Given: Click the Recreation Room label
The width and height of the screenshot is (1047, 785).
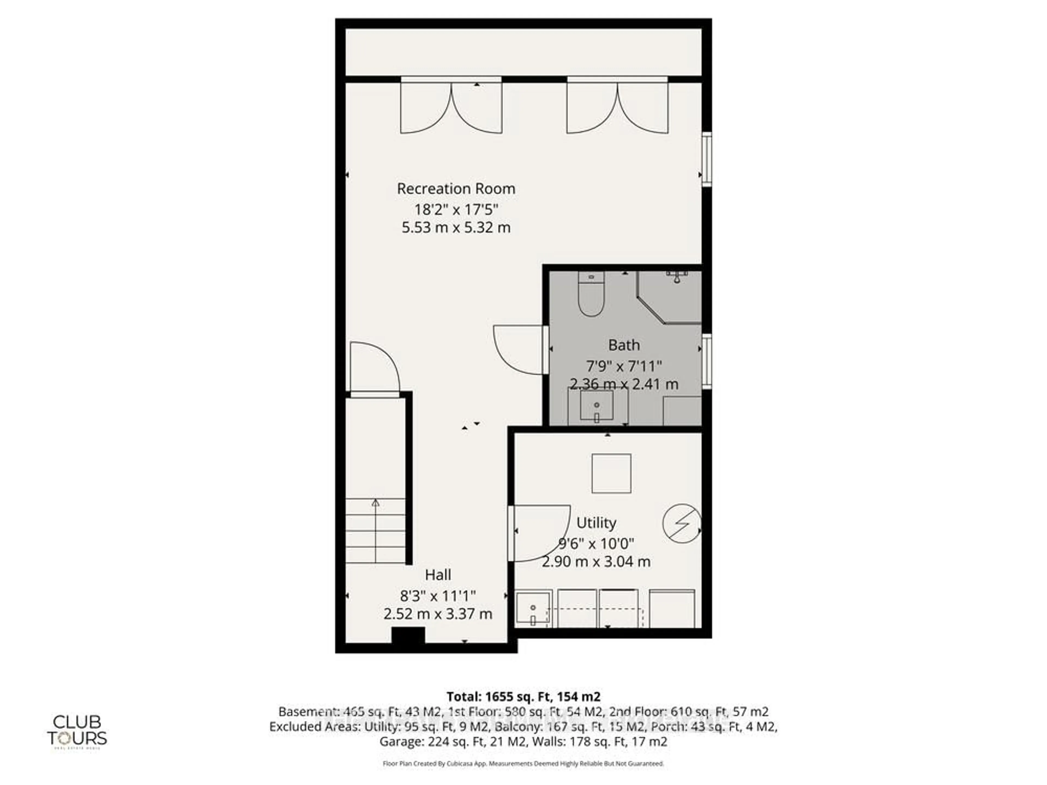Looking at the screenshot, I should tap(456, 189).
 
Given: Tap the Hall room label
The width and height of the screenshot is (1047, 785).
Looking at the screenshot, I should tap(438, 575).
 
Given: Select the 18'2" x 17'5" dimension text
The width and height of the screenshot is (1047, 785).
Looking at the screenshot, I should tap(456, 209).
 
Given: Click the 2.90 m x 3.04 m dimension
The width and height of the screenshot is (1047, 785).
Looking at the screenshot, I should tap(596, 562).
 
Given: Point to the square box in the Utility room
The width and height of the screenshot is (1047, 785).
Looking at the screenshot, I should tap(611, 473).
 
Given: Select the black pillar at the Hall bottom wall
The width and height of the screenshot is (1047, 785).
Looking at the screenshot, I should tap(408, 635).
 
